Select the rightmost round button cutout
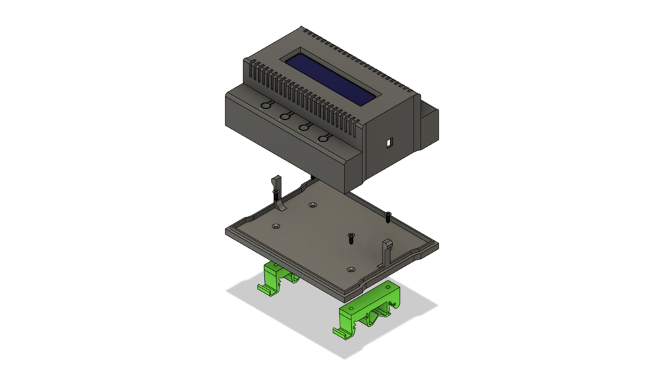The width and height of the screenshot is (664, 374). (x=324, y=138)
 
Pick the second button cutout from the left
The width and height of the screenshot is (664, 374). (x=284, y=116)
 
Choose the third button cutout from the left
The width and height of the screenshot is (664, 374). (x=304, y=127)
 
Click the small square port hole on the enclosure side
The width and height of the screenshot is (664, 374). (x=389, y=143)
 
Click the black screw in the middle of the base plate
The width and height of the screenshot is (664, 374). (x=351, y=239)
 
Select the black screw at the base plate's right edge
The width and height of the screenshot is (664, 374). (x=388, y=217)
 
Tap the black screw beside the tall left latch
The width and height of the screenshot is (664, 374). (x=275, y=195)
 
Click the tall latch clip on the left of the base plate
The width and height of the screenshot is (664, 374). (x=277, y=190)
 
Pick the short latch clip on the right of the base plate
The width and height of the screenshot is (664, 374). (x=387, y=250)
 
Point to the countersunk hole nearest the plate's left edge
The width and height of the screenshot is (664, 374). (x=277, y=226)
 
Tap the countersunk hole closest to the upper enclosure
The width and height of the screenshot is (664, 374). (x=313, y=205)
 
